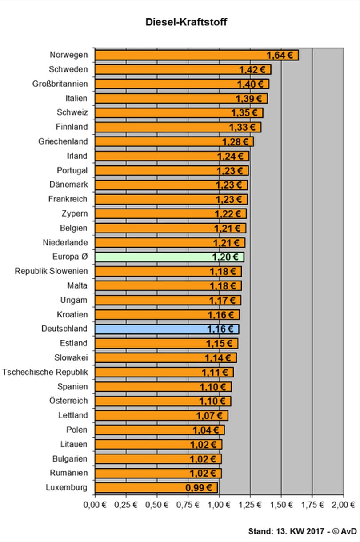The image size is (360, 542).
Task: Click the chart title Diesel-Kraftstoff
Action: point(186,22)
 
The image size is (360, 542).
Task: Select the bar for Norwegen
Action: point(197,55)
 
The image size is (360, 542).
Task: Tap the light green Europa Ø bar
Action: point(169,257)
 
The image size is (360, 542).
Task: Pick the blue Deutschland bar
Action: point(167,329)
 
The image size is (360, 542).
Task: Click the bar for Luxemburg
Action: point(156,488)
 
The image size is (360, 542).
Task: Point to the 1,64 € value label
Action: point(280,56)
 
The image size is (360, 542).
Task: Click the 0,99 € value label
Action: point(199,488)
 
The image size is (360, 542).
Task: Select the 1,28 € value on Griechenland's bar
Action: point(235,142)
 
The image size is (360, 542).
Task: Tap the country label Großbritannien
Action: point(60,84)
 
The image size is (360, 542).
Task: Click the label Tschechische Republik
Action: point(45,372)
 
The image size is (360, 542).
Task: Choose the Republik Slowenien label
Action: point(51,271)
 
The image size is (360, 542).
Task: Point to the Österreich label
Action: point(68,401)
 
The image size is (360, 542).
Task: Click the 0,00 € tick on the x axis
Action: point(95,505)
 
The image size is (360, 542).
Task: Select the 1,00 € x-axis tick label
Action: point(219,505)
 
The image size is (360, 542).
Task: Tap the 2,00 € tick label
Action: point(343,505)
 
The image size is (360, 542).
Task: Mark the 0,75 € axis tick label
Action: point(188,505)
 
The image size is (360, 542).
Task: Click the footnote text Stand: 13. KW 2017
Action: point(286,531)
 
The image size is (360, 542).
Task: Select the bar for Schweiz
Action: point(179,113)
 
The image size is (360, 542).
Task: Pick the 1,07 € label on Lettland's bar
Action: point(209,416)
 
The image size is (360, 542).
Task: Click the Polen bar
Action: point(160,430)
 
